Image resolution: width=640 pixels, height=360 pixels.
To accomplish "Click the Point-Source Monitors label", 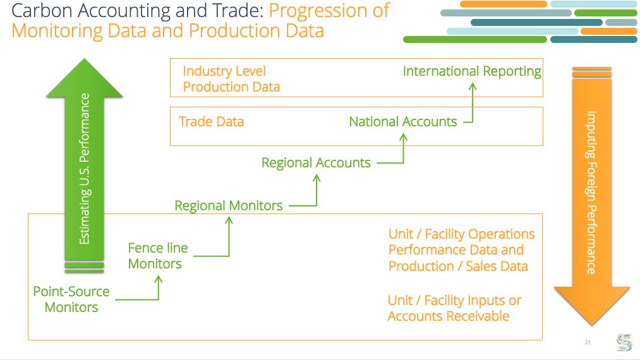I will [71, 299].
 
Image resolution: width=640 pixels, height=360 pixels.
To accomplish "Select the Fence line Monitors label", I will [158, 256].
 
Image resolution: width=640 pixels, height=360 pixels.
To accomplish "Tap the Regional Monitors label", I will [228, 205].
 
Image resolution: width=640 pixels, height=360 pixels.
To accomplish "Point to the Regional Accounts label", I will [316, 162].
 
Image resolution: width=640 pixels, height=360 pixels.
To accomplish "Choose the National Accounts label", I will [402, 121].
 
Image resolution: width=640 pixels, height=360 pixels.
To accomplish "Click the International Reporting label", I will [472, 71].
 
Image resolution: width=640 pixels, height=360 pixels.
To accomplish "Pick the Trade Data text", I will [211, 121].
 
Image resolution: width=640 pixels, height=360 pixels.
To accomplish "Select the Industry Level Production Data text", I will [231, 79].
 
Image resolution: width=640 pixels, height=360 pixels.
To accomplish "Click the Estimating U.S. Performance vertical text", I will [85, 169].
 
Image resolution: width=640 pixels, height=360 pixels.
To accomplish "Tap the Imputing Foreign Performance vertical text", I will [591, 192].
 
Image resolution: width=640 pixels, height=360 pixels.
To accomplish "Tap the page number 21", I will [588, 342].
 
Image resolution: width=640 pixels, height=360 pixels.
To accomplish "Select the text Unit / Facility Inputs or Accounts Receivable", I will [454, 308].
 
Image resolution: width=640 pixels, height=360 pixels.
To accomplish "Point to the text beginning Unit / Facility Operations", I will [461, 250].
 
